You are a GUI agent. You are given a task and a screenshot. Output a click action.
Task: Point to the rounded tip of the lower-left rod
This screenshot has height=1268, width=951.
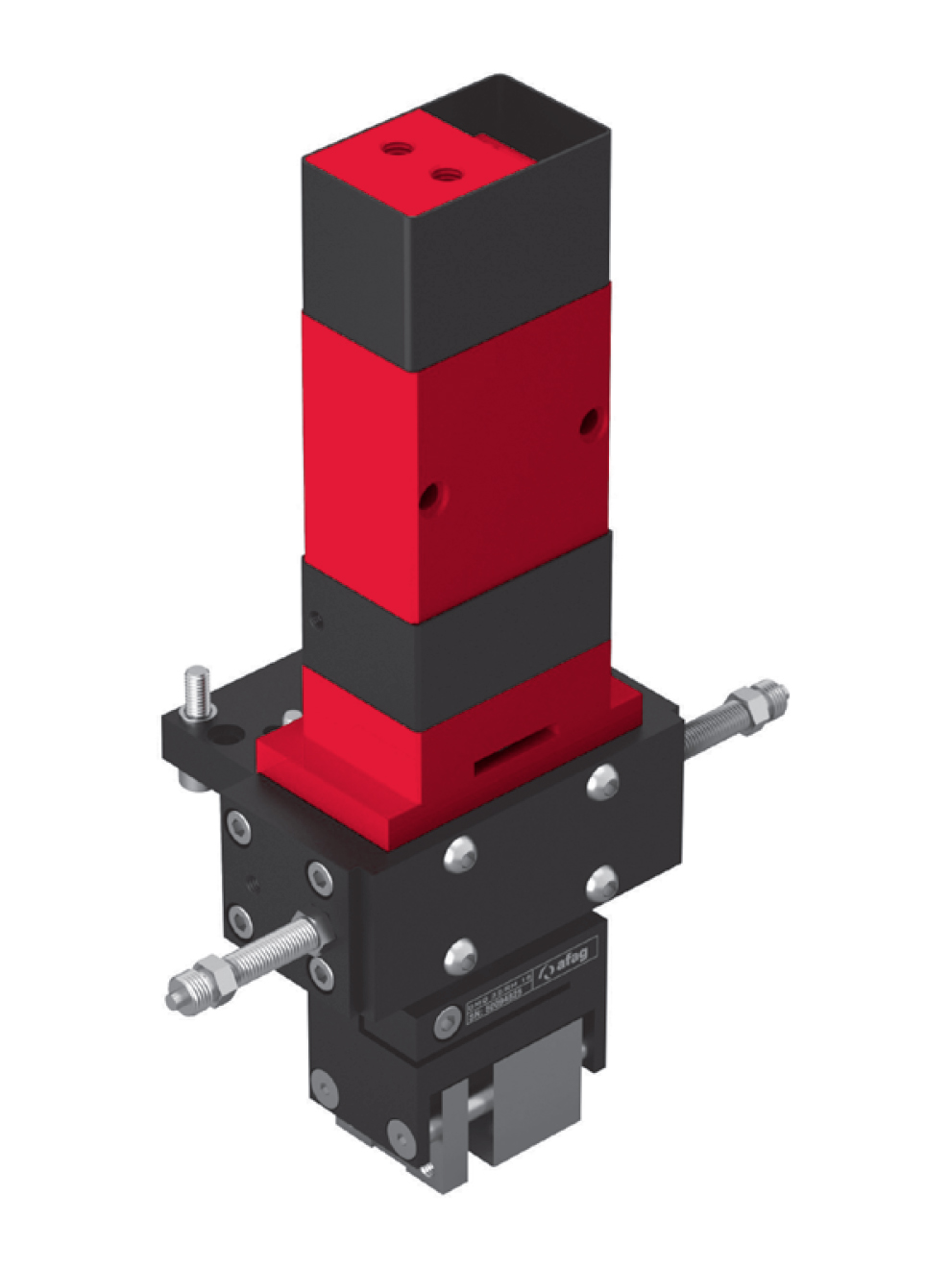click(x=175, y=997)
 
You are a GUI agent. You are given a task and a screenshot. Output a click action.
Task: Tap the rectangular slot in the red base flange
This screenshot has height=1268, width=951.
click(x=513, y=748)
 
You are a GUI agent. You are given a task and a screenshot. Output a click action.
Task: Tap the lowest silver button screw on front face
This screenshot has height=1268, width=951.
click(x=461, y=953)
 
